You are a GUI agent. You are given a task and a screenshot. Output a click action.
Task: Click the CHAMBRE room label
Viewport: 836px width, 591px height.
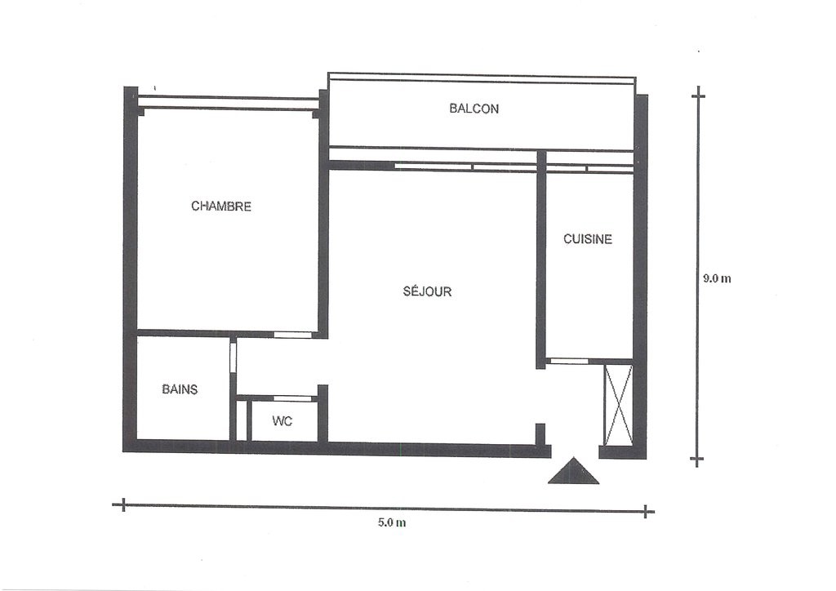[x=220, y=207]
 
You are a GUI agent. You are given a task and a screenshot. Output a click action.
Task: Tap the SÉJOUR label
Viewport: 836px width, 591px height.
[x=427, y=291]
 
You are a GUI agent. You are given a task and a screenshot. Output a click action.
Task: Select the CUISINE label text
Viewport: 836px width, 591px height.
[x=588, y=239]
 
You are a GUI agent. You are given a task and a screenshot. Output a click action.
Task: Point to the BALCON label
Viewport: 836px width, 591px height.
[x=474, y=109]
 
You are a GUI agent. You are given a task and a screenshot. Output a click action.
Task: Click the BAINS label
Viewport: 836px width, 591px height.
[x=180, y=389]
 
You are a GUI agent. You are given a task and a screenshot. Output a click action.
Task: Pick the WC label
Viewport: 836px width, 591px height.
[x=282, y=421]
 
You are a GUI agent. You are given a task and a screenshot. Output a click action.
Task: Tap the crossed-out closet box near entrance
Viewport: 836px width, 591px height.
[x=618, y=405]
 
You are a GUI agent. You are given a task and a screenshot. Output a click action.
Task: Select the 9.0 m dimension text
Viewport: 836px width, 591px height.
[x=717, y=278]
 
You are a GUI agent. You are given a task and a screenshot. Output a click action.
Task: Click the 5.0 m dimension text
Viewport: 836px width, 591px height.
[x=392, y=522]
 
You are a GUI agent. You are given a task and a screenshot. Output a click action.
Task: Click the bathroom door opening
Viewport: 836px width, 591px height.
[x=233, y=357]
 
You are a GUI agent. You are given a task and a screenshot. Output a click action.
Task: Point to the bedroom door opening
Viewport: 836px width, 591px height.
[x=293, y=335]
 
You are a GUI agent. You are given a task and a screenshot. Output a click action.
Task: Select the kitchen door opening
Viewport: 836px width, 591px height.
[x=569, y=362]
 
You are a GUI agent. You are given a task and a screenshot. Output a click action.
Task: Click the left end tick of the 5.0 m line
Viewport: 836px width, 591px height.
[x=123, y=504]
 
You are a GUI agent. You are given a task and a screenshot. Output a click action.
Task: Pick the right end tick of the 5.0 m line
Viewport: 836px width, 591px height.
[x=646, y=512]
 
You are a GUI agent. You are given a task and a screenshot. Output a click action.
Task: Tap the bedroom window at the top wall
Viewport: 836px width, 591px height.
[x=229, y=102]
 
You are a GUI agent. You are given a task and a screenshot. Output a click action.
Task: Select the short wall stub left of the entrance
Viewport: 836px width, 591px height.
[x=540, y=434]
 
